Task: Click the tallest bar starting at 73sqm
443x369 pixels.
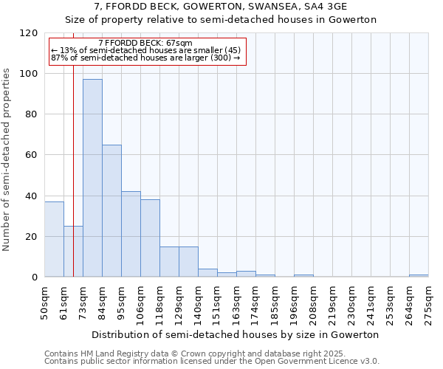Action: [92, 178]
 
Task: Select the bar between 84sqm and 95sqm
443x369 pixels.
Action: [111, 211]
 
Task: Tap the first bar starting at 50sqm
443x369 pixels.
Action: [54, 239]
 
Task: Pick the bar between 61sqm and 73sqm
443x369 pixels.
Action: [68, 252]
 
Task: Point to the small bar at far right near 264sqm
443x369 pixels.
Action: [419, 276]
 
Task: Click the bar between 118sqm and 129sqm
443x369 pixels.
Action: [169, 261]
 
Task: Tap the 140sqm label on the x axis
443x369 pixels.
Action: [198, 300]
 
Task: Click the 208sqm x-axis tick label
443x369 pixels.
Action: [313, 300]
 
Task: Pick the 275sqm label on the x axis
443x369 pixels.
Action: [428, 300]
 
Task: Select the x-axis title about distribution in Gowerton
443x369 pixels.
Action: [236, 334]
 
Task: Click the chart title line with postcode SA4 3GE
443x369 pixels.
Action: [221, 6]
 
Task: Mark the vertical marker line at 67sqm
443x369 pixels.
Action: [73, 184]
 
